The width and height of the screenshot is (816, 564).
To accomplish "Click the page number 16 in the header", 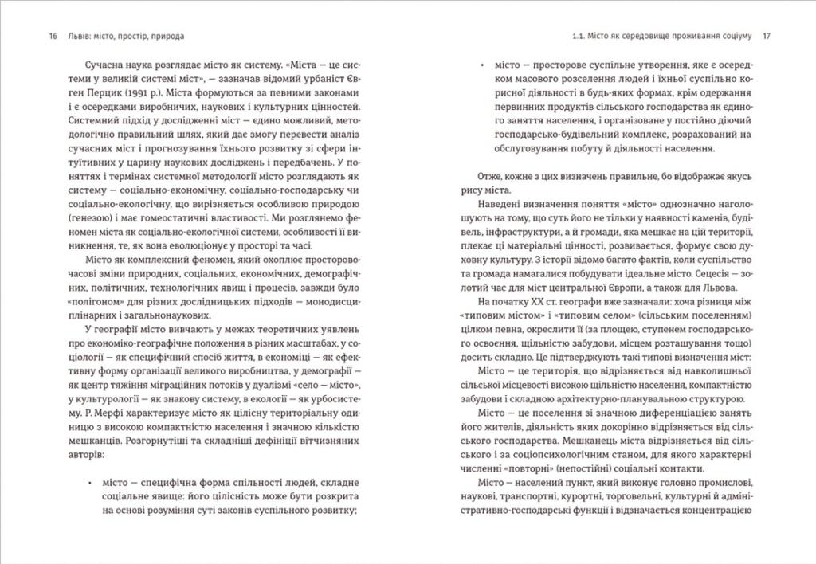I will [53, 36].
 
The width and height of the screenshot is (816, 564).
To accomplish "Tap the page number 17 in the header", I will [767, 36].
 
